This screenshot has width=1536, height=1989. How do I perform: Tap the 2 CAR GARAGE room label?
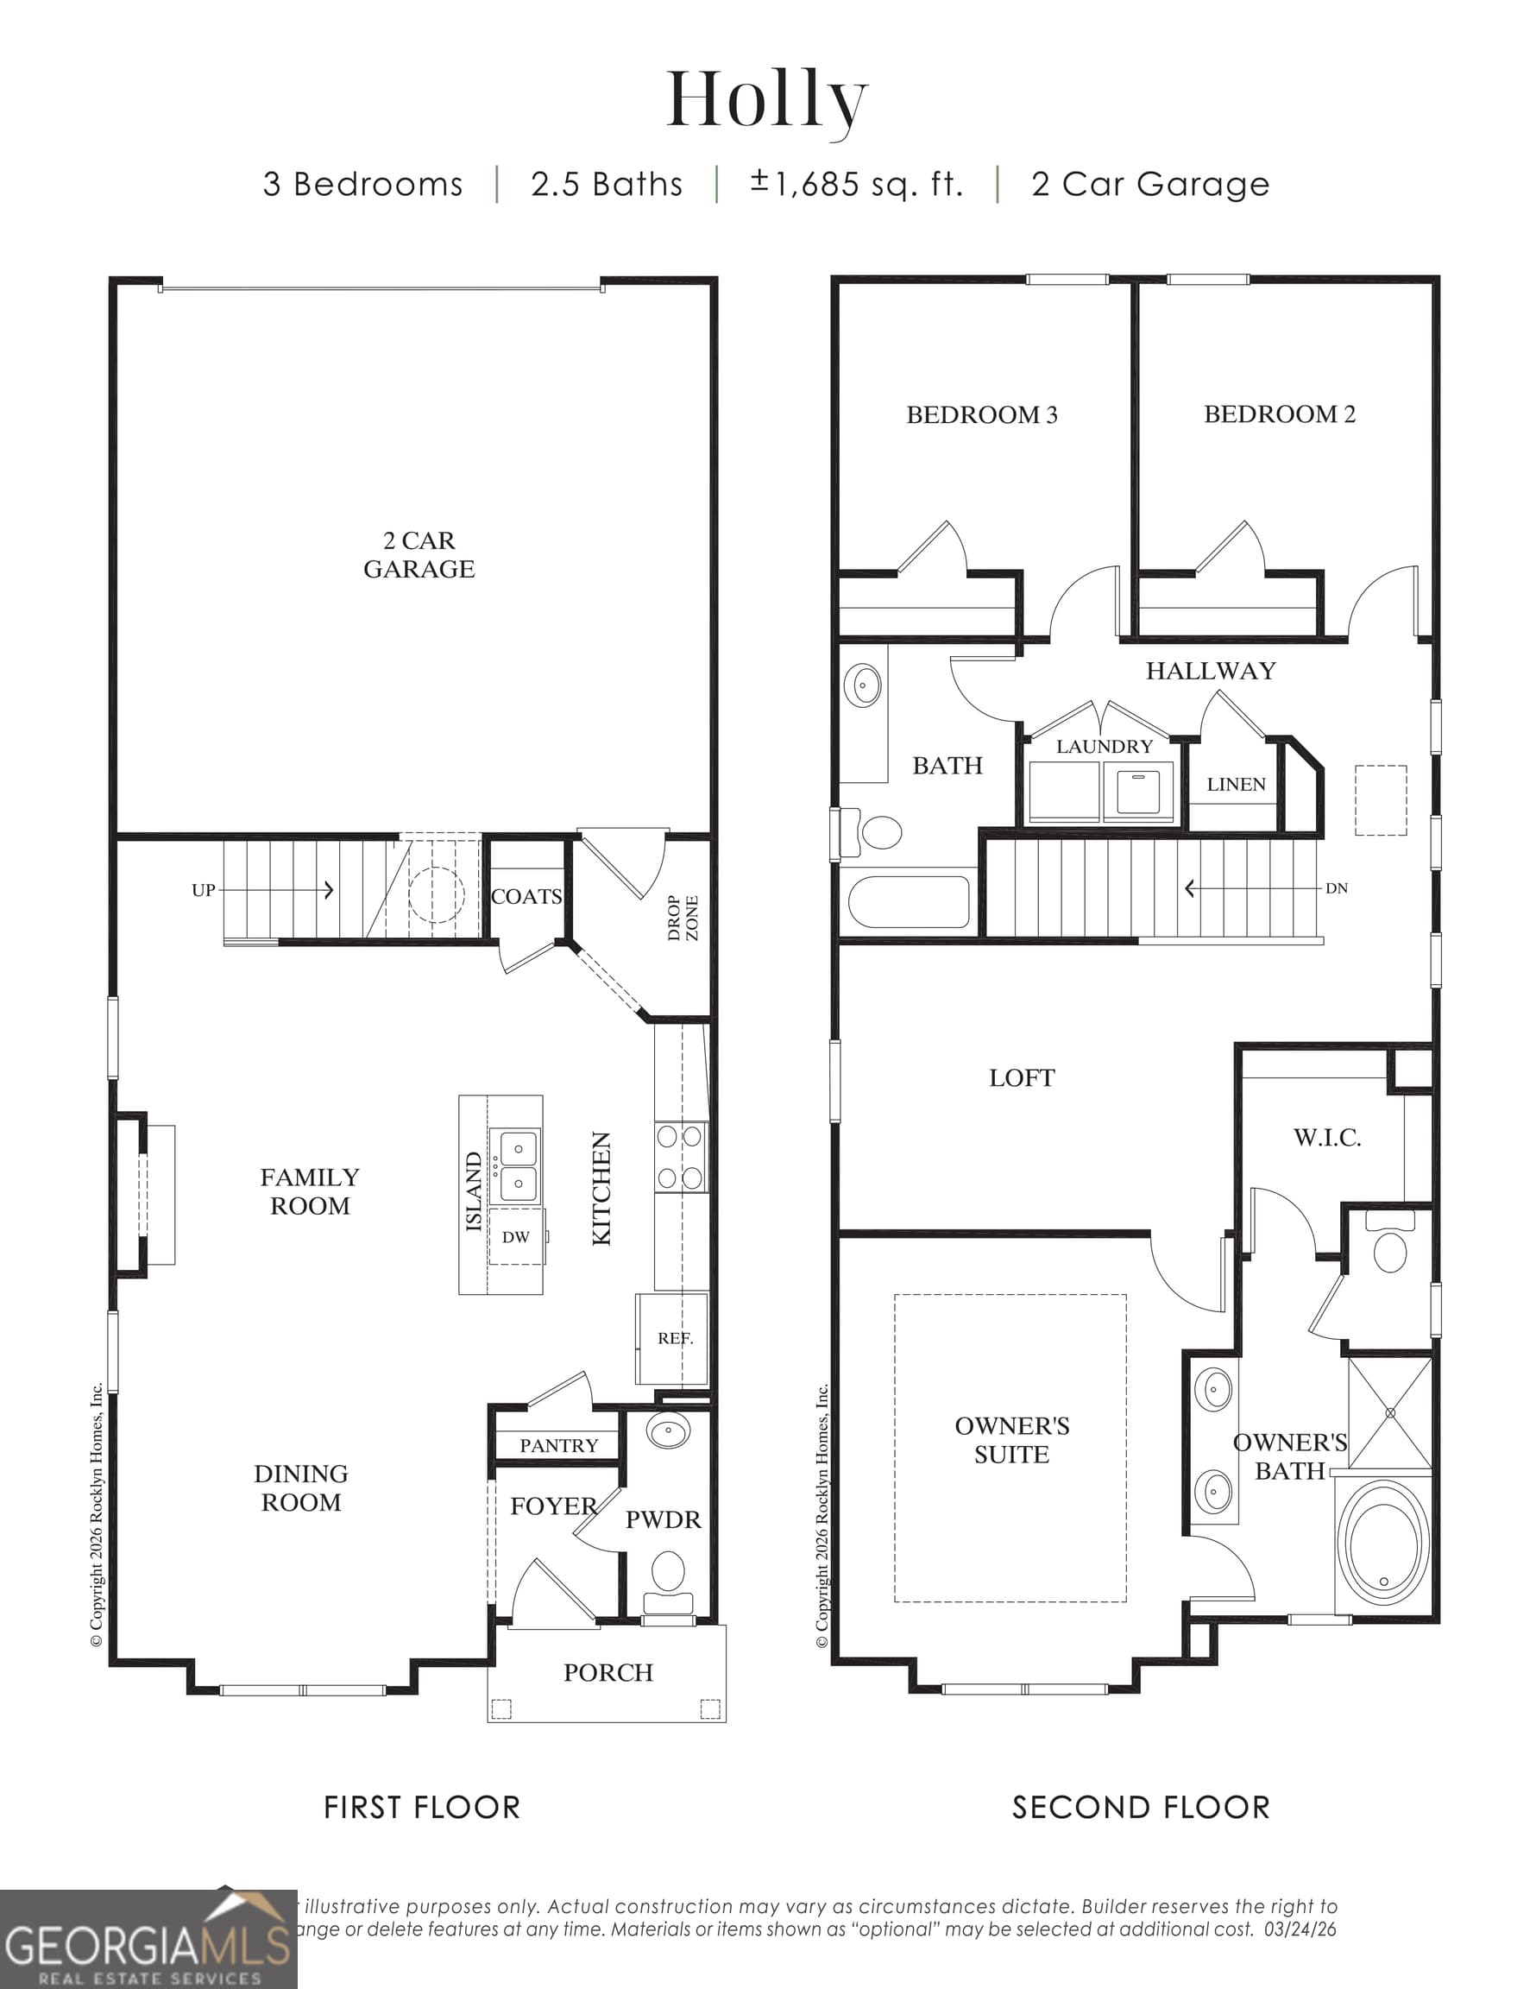419,554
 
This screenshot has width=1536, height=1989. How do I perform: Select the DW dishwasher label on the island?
515,1237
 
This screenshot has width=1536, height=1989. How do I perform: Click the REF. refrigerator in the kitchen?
675,1338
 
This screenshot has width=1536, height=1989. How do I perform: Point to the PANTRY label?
558,1445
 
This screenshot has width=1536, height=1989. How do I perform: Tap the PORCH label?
608,1673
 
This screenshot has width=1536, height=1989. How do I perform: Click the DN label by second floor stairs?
1336,888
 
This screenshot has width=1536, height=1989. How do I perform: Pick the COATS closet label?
526,896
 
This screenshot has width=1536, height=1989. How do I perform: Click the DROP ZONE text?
683,917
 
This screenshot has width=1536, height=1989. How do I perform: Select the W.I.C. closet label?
1326,1138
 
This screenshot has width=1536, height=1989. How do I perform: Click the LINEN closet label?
1236,784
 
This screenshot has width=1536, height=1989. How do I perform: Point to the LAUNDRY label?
1104,746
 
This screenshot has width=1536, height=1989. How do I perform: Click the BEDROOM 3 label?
981,415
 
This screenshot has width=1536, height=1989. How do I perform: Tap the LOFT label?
1022,1078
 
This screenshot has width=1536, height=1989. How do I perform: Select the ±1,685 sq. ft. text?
857,184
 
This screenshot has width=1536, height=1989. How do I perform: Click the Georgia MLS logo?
148,1940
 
